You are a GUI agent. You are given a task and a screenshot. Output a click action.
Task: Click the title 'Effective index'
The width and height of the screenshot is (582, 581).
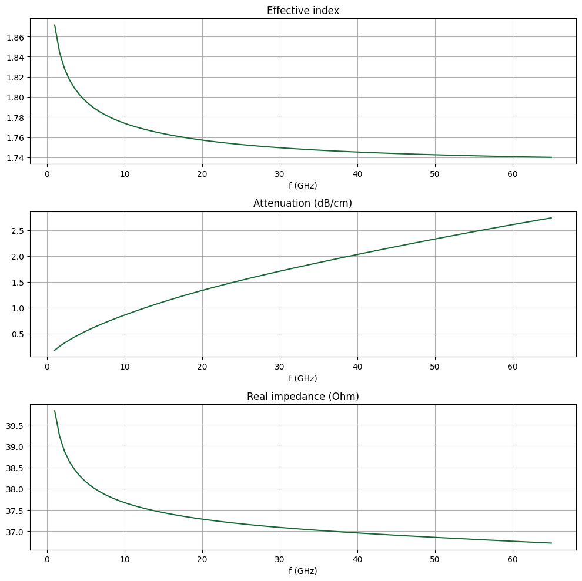303,11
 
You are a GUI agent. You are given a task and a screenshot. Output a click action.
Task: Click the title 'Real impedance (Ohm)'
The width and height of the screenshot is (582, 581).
303,397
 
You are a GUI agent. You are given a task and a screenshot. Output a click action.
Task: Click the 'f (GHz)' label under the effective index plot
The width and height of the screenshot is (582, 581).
303,186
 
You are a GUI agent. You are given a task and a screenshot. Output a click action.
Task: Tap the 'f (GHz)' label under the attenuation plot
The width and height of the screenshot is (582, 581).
303,378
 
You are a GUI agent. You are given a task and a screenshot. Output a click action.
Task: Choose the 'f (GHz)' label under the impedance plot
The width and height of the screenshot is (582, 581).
303,571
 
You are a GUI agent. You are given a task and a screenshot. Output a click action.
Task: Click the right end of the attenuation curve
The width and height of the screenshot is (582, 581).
551,218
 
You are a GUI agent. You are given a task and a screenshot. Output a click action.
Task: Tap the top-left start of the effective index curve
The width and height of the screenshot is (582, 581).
55,25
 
